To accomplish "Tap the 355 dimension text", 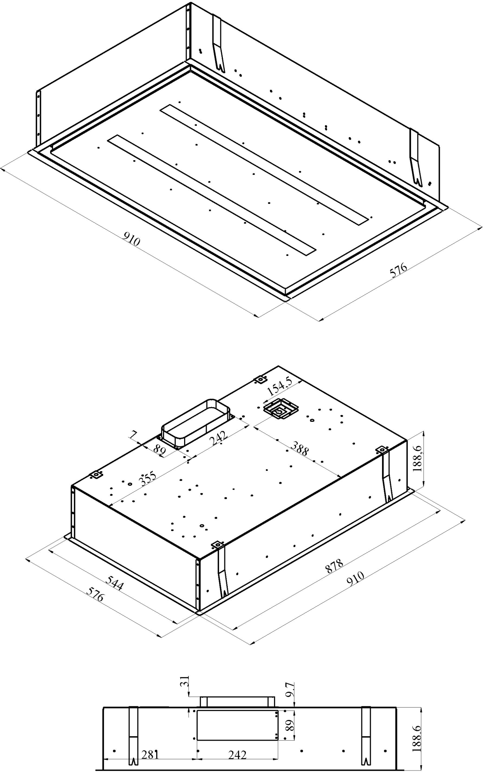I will tap(148, 478).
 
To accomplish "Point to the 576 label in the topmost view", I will tap(398, 270).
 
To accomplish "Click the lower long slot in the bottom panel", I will tap(211, 194).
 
